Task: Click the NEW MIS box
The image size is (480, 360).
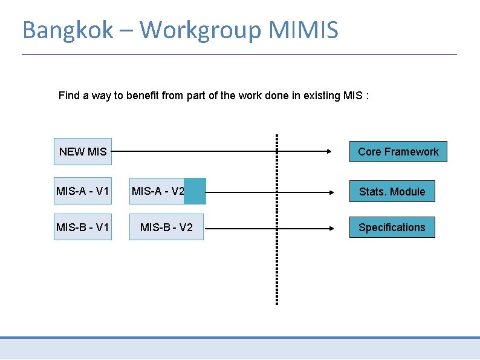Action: [x=82, y=151]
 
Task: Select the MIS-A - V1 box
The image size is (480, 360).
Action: [x=82, y=192]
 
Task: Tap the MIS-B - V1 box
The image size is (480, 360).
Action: [x=82, y=227]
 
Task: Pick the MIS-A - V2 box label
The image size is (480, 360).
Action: [x=157, y=192]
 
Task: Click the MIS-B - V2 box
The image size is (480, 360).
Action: [x=166, y=227]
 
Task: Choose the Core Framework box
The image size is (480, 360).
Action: [x=398, y=151]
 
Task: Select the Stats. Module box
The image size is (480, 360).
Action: [x=392, y=192]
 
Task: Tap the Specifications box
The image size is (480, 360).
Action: [x=392, y=227]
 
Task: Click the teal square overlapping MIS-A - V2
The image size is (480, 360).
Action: [x=195, y=191]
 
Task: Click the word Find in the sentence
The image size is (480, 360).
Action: [x=69, y=96]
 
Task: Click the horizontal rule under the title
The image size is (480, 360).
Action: [x=239, y=54]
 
